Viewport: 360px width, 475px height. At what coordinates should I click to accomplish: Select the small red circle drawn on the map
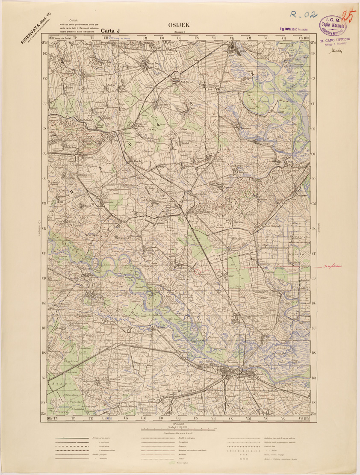coord(198,270)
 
